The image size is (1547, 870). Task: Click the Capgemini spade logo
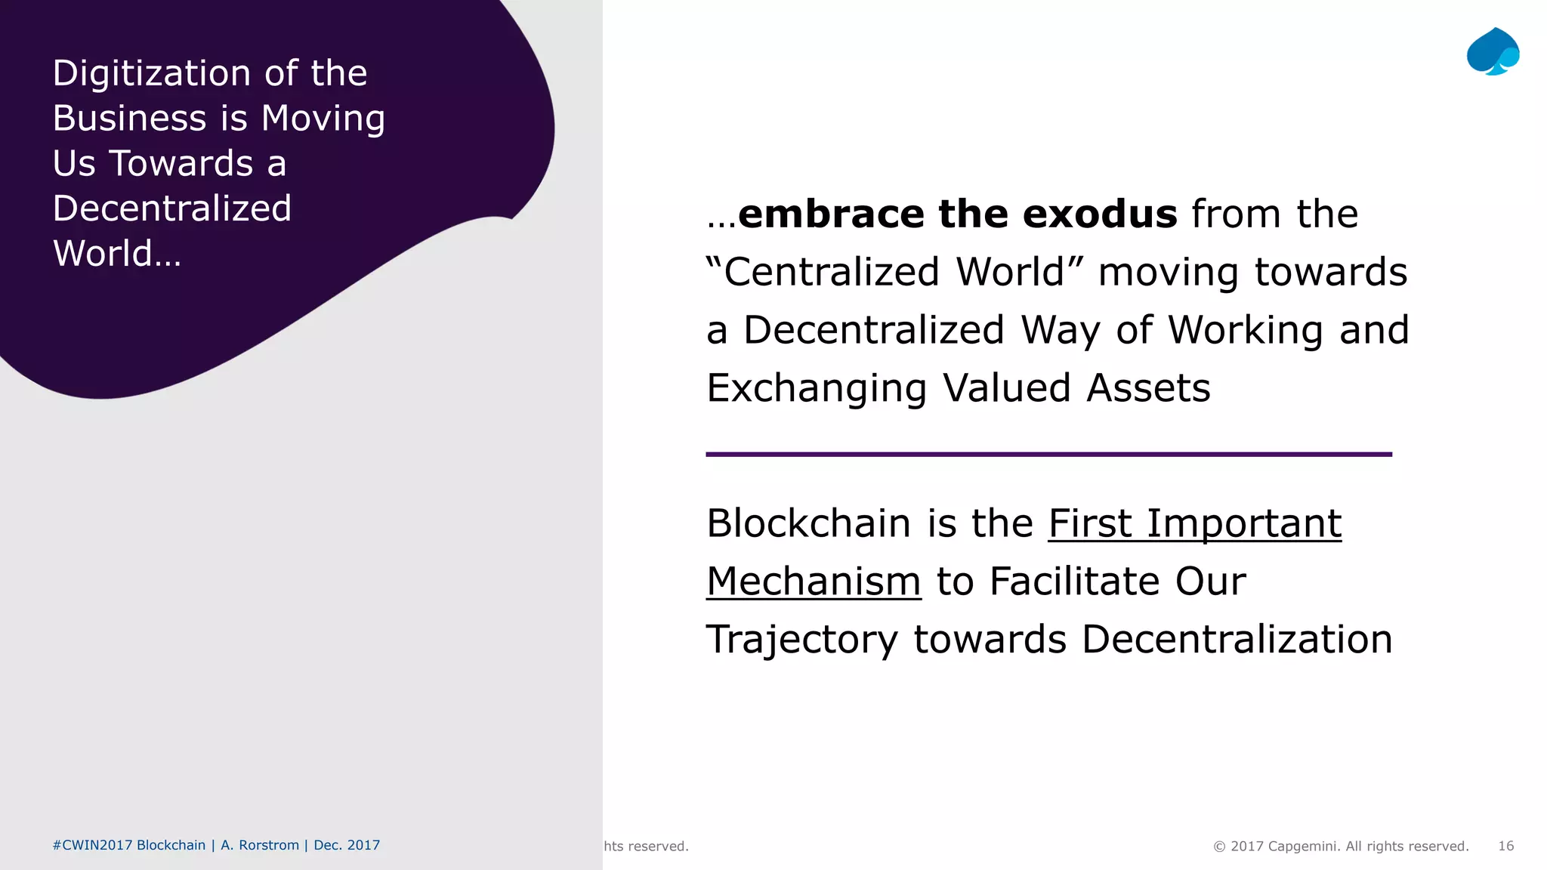(x=1493, y=51)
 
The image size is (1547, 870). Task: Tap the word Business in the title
(x=129, y=119)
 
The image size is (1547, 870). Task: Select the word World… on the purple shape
(x=117, y=254)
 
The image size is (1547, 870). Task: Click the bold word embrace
(x=831, y=214)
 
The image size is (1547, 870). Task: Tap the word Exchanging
(x=816, y=388)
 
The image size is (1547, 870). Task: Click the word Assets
(x=1148, y=388)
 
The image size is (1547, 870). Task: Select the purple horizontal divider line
(x=1048, y=455)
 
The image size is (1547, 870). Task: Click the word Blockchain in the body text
(x=808, y=523)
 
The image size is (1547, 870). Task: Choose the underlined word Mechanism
(x=814, y=582)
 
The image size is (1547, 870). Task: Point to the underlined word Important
(x=1243, y=523)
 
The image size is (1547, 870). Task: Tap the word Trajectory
(x=801, y=640)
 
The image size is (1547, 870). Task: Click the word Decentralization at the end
(x=1237, y=640)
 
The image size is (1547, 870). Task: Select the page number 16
(x=1505, y=846)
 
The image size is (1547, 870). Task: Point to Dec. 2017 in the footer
(x=347, y=845)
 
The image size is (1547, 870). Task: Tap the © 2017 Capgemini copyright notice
(x=1341, y=846)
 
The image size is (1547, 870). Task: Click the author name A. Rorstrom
(x=260, y=845)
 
